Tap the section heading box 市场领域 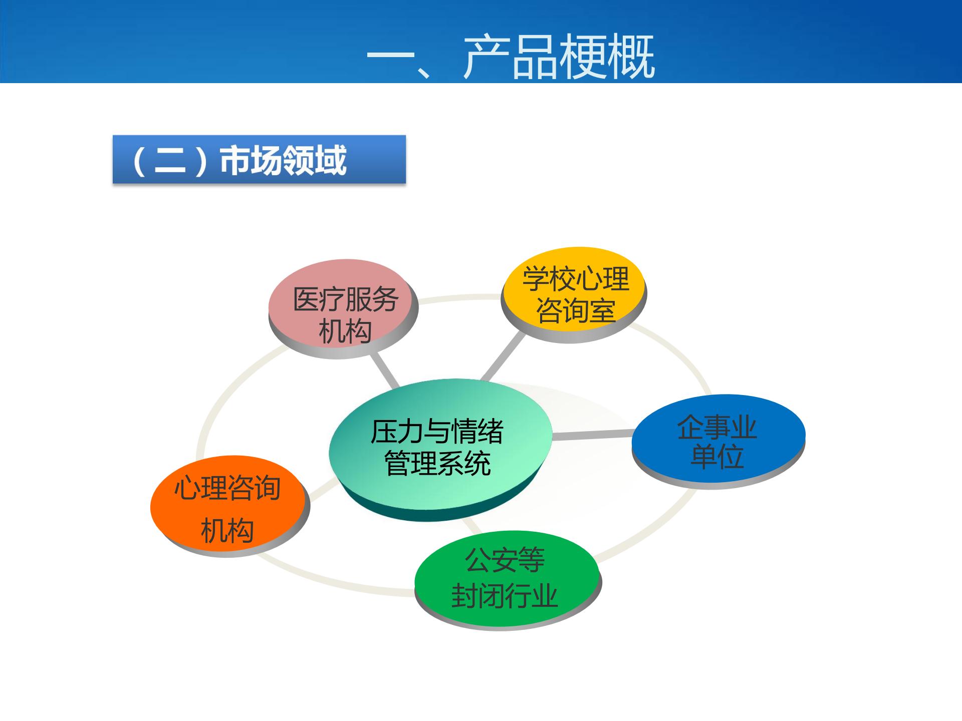tap(259, 160)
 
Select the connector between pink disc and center tap(385, 371)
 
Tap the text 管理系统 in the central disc tap(437, 463)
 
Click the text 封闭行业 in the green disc tap(504, 596)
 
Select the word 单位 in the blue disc tap(716, 457)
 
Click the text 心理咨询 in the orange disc tap(227, 488)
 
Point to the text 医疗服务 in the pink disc tap(345, 299)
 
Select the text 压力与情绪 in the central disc tap(437, 432)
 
